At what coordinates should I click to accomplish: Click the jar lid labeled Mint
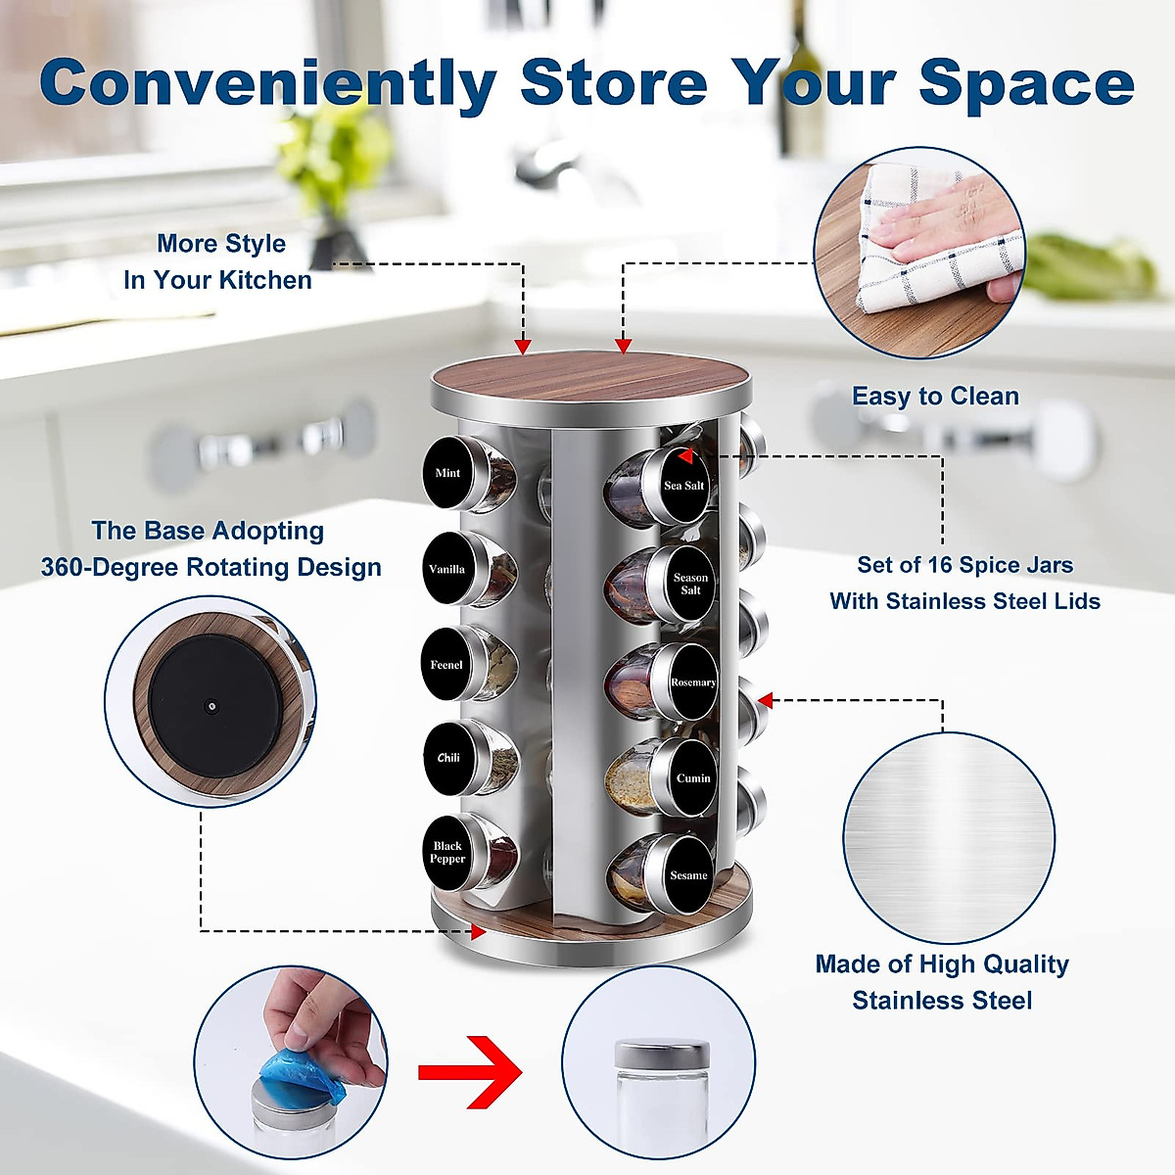pos(447,473)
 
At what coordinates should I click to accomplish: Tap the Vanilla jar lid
pos(447,569)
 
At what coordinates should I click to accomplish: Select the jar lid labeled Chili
pos(447,758)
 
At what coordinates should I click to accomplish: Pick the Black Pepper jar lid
pos(447,852)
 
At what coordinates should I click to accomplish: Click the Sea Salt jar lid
pos(683,485)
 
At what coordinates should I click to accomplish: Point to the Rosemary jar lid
pos(692,682)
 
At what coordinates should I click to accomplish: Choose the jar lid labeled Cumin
pos(692,778)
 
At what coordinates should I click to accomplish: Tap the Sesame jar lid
pos(688,875)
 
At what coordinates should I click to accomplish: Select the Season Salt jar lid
pos(690,584)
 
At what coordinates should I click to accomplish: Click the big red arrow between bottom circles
pos(470,1072)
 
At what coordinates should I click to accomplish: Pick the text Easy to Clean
pos(935,397)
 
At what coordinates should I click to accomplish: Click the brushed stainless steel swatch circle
pos(949,838)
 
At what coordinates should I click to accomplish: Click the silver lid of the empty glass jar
pos(662,1055)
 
